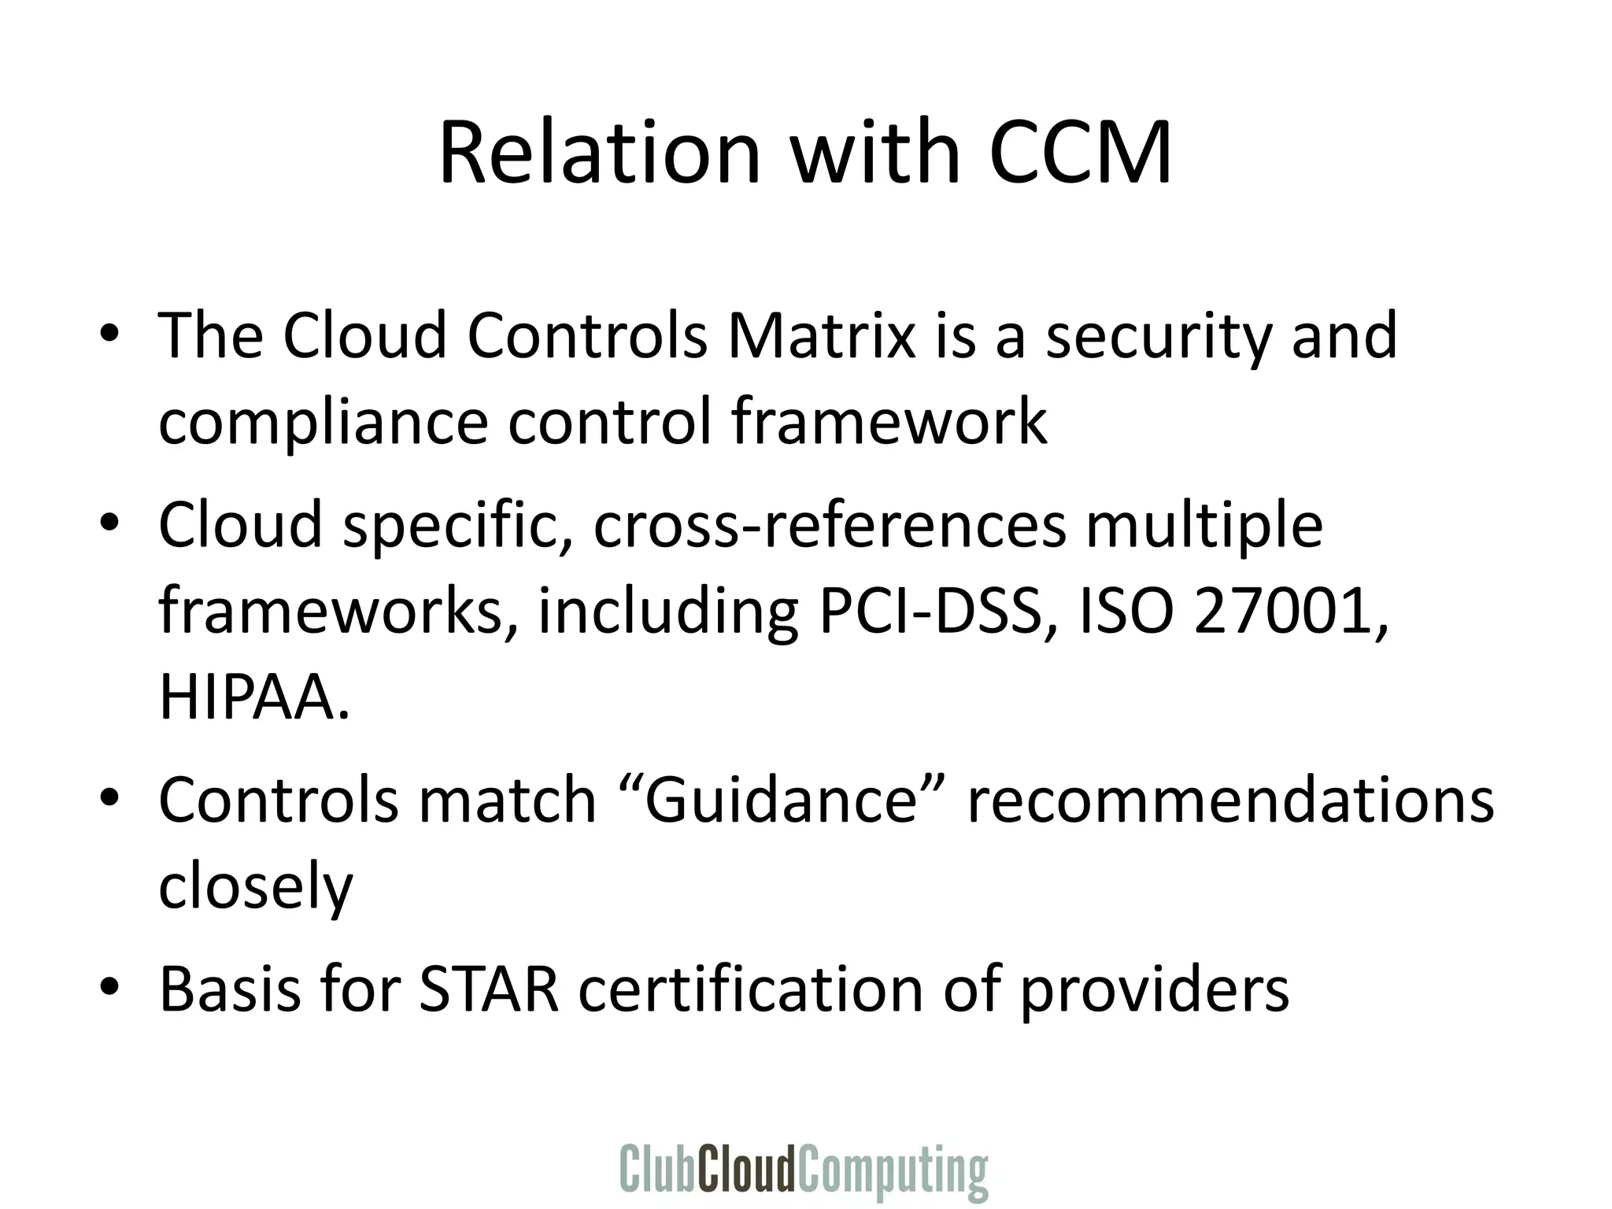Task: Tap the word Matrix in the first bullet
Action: tap(822, 336)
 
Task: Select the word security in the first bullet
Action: tap(1157, 336)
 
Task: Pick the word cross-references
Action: tap(829, 525)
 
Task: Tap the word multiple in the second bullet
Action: tap(1204, 525)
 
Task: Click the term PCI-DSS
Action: tap(934, 612)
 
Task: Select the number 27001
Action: tap(1288, 612)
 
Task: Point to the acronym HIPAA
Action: tap(253, 697)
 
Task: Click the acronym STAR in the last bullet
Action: tap(489, 989)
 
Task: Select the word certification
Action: tap(750, 989)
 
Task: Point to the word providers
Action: tap(1155, 990)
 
